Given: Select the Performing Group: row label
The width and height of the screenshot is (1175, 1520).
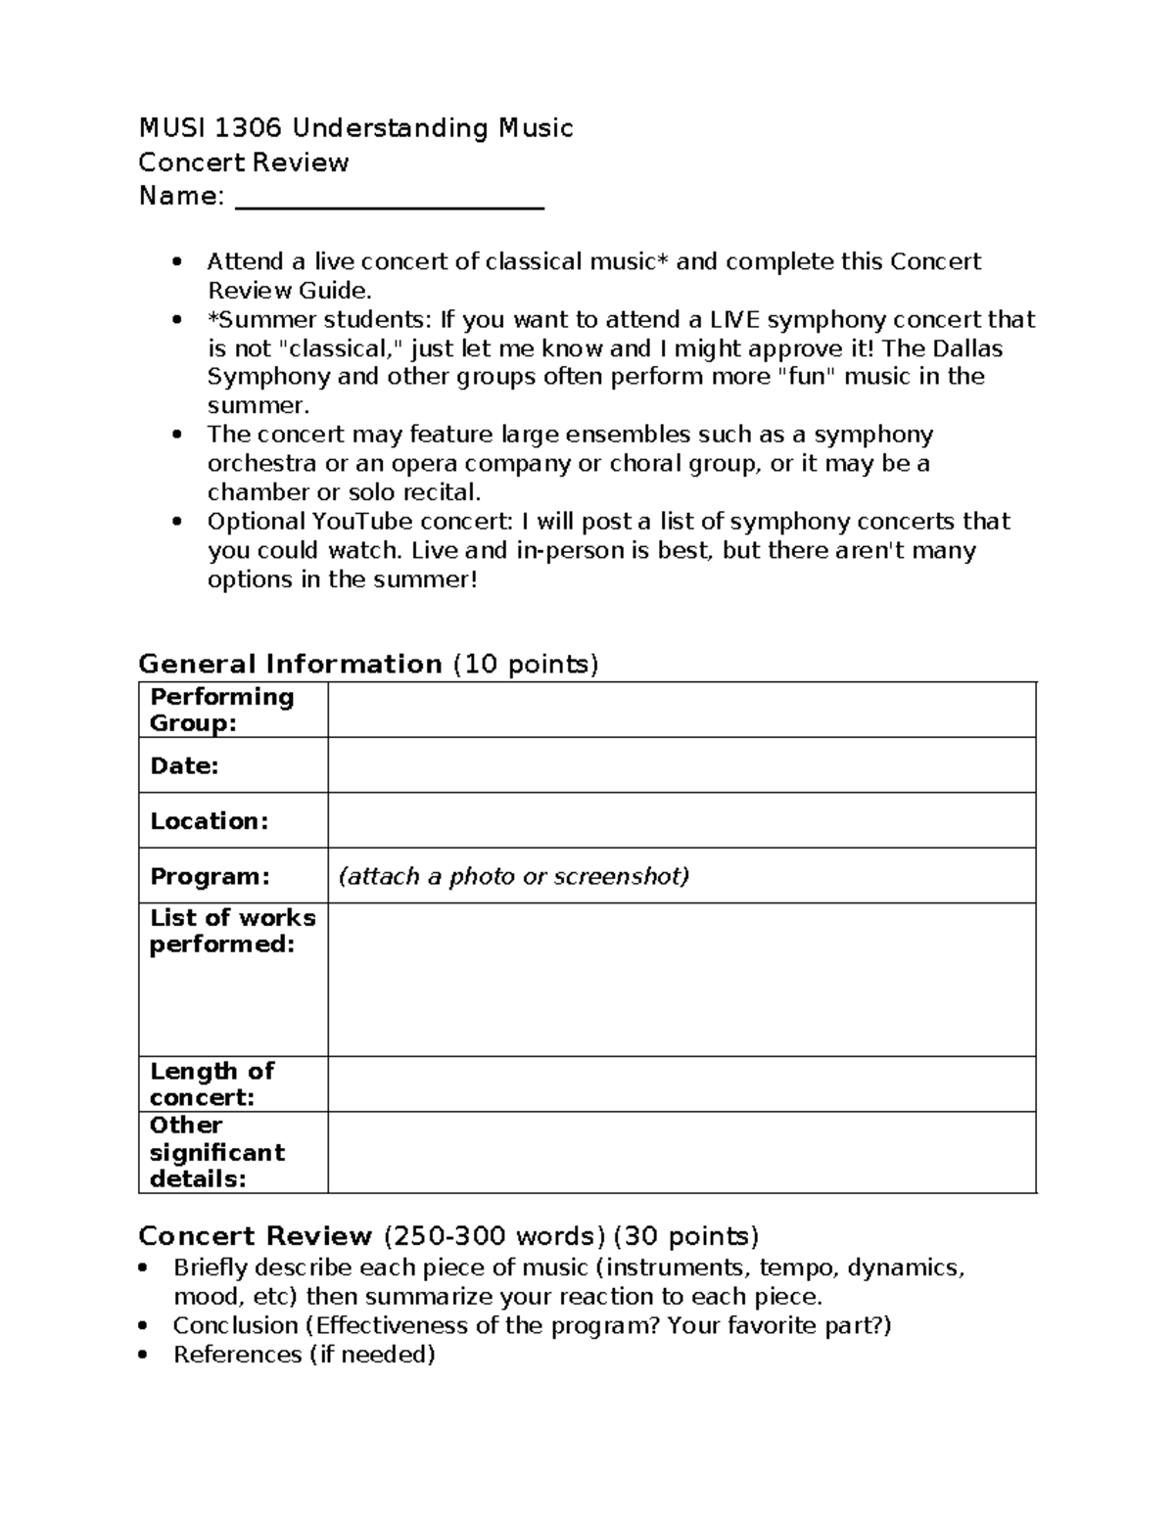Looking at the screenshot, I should (x=221, y=710).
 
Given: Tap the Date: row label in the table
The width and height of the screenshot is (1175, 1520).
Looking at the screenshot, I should (x=184, y=765).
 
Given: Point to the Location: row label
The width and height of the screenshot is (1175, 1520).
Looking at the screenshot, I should (x=209, y=820).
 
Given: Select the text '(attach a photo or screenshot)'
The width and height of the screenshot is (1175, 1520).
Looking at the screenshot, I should (x=513, y=876).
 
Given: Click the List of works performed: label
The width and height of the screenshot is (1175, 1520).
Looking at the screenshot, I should (x=232, y=931).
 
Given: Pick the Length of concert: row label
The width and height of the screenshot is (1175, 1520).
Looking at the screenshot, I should (x=211, y=1083).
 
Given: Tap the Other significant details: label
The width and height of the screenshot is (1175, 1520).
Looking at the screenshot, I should (x=216, y=1152).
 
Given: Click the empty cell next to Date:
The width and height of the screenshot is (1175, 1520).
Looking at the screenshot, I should (x=681, y=765).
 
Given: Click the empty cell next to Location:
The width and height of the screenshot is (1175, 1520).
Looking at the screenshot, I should (x=681, y=820).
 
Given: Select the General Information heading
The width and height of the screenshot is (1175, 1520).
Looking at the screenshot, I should (x=290, y=664).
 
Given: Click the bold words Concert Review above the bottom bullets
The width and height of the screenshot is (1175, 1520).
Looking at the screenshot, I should (x=256, y=1235).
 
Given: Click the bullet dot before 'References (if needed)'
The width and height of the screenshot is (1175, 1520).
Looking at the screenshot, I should (x=144, y=1356).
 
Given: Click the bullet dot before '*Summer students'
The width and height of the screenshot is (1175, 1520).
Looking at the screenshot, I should (x=177, y=320).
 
